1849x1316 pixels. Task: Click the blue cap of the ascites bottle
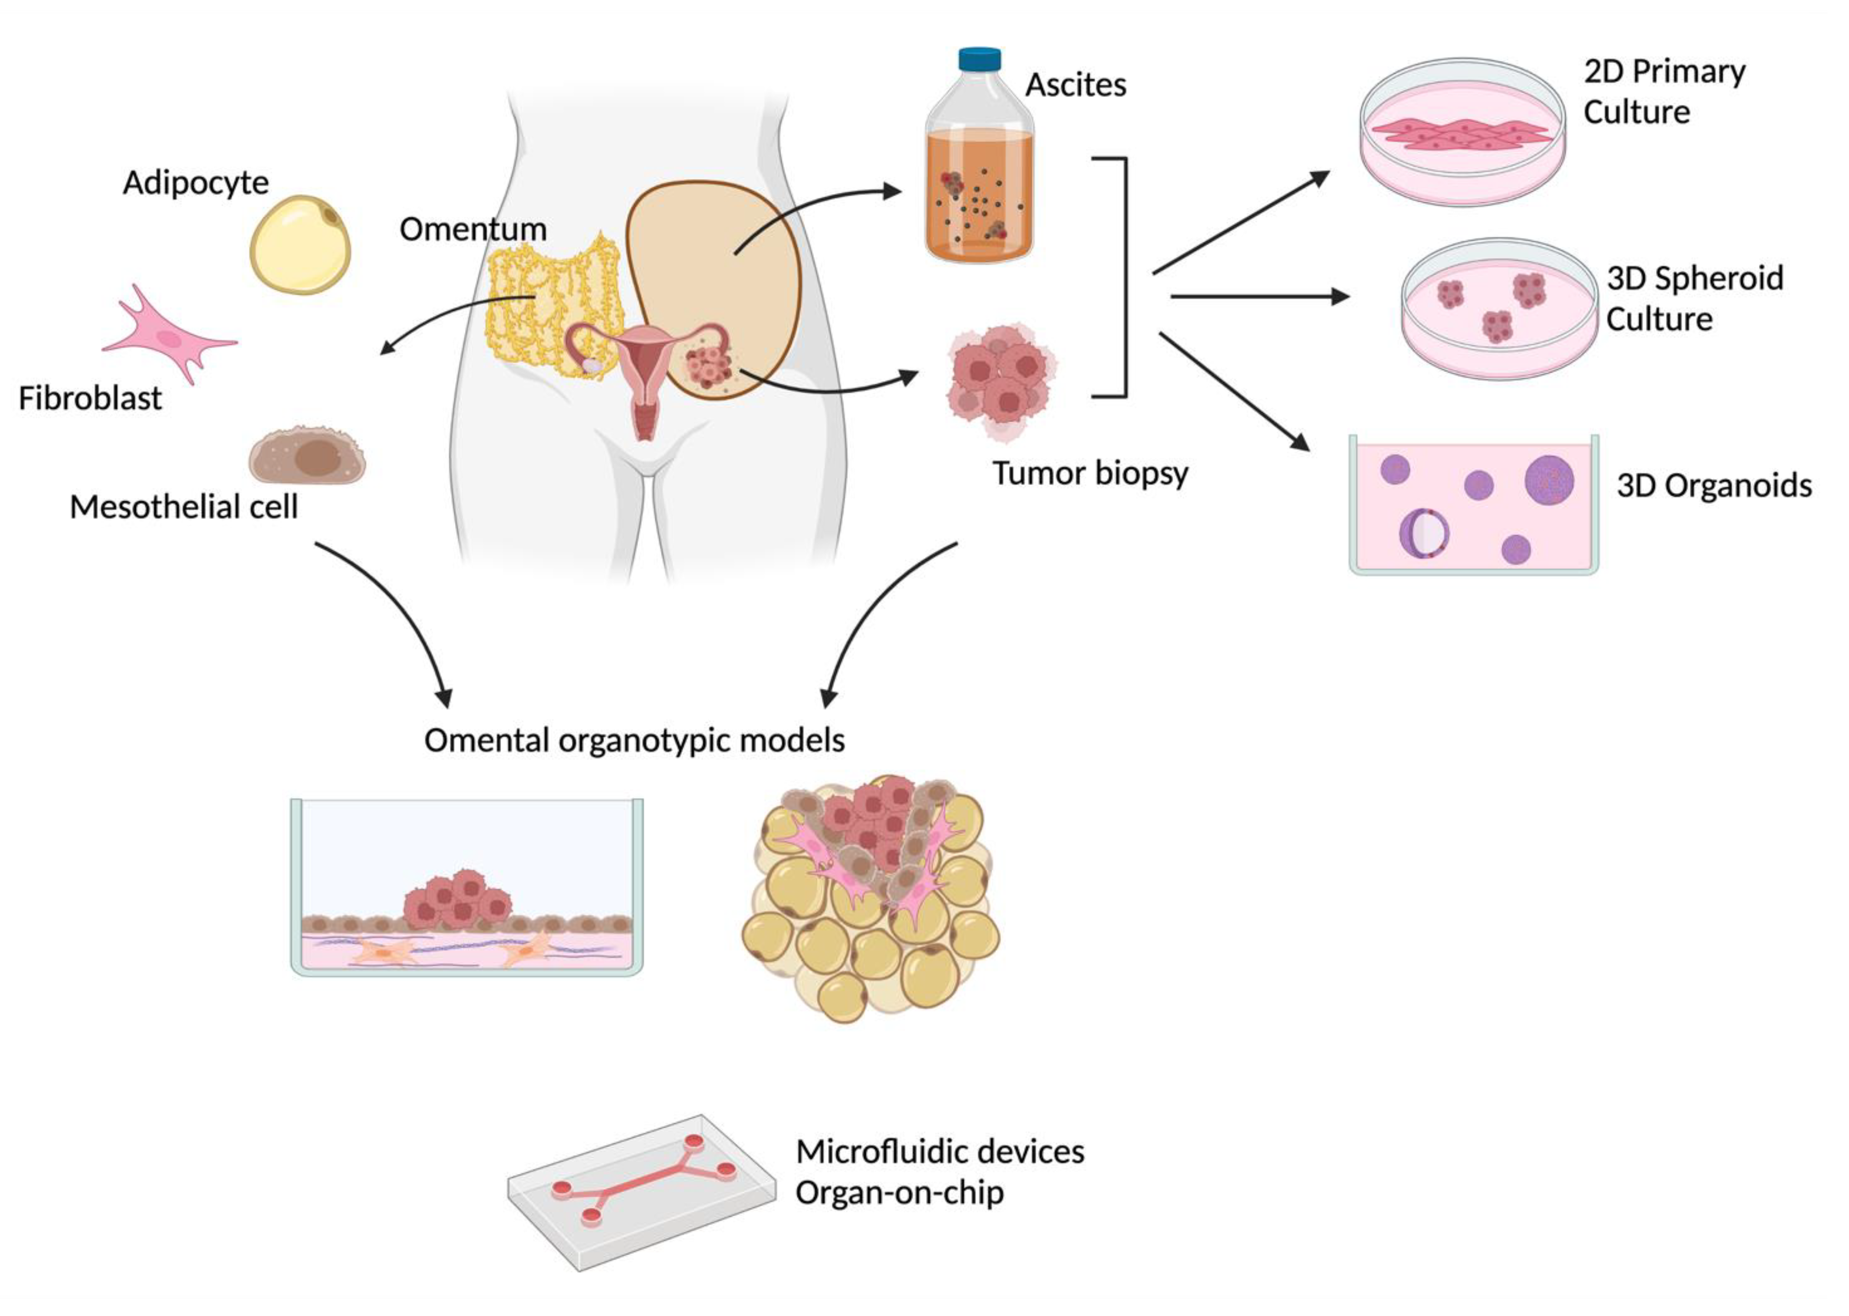pos(979,59)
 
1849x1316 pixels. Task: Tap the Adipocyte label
pos(196,183)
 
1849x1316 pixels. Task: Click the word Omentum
pos(472,229)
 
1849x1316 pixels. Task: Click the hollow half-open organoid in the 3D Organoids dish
pos(1423,532)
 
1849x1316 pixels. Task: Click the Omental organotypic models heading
pos(634,740)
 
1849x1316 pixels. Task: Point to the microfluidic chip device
pos(640,1191)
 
